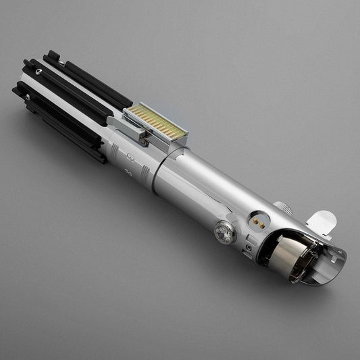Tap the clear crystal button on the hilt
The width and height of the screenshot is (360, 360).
(224, 232)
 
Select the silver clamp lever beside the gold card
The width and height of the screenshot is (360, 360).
(135, 134)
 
